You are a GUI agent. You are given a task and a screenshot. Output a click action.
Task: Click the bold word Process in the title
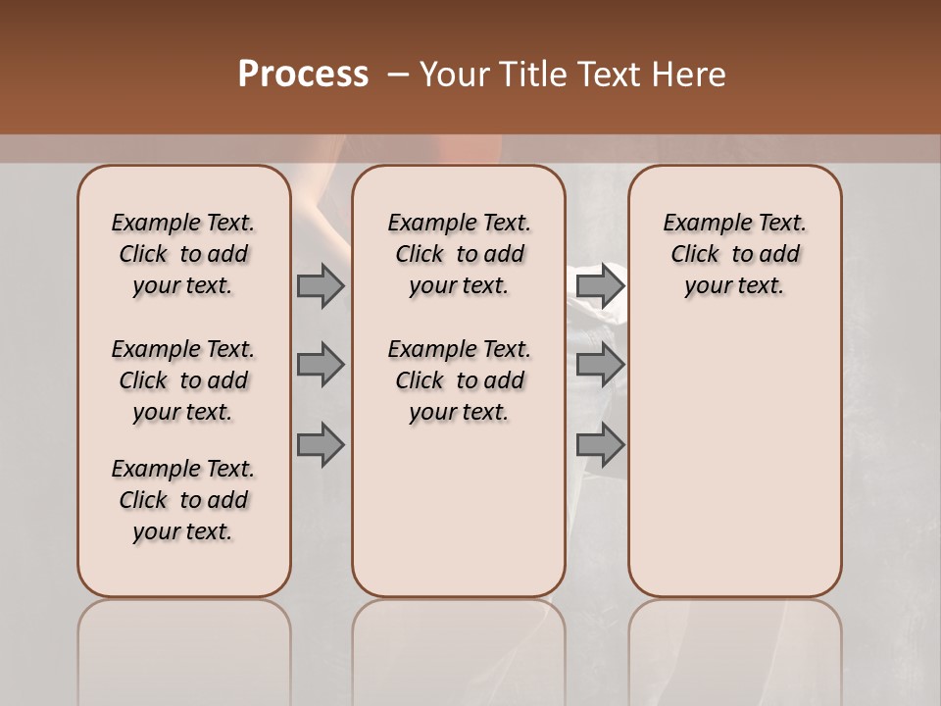pos(303,75)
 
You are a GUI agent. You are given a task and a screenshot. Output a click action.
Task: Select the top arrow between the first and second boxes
pos(320,285)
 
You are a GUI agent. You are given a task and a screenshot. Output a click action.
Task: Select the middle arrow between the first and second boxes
pos(320,365)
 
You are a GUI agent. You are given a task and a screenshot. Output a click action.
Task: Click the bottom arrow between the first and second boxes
pos(320,445)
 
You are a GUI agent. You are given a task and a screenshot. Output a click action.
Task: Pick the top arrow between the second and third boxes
pos(600,285)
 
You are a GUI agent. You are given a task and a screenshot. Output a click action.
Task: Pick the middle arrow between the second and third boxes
pos(600,365)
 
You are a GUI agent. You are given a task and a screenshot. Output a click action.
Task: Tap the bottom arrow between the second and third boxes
pos(600,445)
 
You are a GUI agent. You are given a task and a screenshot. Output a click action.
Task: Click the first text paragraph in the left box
pos(183,254)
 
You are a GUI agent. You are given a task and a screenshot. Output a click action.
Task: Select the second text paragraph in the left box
pos(183,380)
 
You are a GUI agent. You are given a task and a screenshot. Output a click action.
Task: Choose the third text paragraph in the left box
pos(183,500)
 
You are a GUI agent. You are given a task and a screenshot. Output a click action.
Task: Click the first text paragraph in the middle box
pos(459,254)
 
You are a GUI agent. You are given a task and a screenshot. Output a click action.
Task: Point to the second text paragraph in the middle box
pos(459,380)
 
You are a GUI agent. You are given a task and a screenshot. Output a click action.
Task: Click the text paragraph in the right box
pos(734,254)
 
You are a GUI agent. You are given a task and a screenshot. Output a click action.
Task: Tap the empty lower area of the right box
pos(734,461)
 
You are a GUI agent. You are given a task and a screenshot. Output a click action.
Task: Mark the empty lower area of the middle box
pos(459,510)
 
